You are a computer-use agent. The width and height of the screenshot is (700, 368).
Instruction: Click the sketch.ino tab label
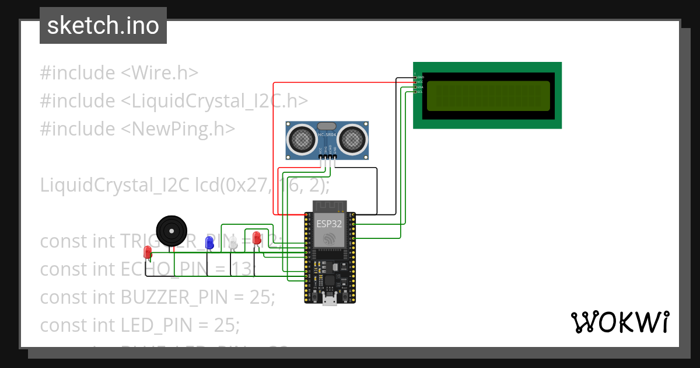pyautogui.click(x=103, y=26)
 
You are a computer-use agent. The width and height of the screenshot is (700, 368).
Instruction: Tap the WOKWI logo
pyautogui.click(x=619, y=322)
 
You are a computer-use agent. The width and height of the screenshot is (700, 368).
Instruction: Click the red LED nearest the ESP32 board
pyautogui.click(x=256, y=238)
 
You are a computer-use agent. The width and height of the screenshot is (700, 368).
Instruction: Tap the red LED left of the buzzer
pyautogui.click(x=148, y=252)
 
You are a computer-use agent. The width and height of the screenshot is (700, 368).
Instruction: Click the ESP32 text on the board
pyautogui.click(x=330, y=223)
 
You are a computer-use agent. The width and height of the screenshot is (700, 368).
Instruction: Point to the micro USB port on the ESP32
pyautogui.click(x=330, y=300)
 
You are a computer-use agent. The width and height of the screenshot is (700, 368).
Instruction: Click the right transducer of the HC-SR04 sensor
pyautogui.click(x=352, y=139)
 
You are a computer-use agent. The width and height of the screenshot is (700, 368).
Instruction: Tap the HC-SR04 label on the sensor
pyautogui.click(x=327, y=135)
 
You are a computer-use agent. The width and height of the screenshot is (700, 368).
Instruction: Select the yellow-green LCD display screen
pyautogui.click(x=488, y=96)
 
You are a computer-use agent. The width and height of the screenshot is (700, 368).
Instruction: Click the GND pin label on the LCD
pyautogui.click(x=420, y=77)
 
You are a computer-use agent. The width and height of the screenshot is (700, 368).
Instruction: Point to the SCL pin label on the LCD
pyautogui.click(x=419, y=92)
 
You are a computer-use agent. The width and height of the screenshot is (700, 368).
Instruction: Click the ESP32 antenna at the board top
pyautogui.click(x=330, y=206)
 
